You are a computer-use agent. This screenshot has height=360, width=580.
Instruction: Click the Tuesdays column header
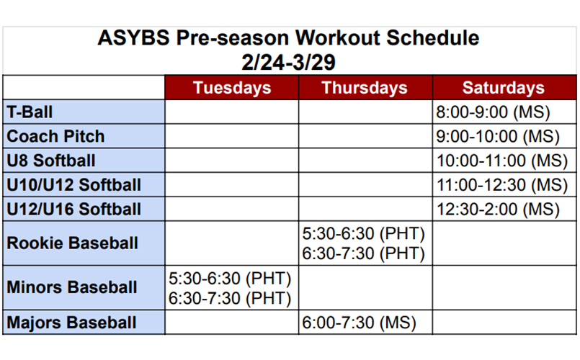(232, 88)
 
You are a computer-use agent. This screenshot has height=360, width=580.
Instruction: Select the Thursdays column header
(365, 88)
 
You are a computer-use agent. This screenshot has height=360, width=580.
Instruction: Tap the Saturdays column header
(503, 88)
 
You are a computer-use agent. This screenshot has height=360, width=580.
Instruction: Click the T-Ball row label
(30, 112)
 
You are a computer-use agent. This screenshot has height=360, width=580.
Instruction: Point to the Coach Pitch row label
(55, 136)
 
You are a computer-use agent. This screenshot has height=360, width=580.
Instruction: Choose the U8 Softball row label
(51, 161)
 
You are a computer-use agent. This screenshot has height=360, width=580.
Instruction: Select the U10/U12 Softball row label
(74, 185)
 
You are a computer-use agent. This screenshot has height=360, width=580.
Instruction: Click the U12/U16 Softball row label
(74, 210)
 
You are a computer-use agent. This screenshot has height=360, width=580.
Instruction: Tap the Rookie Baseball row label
(73, 243)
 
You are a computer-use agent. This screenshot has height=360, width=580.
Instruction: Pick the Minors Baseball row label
(72, 287)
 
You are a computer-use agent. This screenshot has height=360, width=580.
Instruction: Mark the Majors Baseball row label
(72, 323)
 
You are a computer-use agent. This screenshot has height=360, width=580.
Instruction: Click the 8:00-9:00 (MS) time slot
(493, 112)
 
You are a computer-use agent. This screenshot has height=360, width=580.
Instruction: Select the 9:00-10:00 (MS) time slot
(498, 136)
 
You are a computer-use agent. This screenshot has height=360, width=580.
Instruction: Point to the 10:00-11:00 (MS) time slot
(502, 161)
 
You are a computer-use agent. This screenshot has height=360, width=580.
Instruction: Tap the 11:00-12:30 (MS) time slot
(502, 185)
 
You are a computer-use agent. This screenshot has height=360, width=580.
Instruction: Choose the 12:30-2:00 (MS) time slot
(498, 210)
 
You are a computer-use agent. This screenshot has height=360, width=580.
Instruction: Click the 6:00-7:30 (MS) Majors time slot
(360, 323)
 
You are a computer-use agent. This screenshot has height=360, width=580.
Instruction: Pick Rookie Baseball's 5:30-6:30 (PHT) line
(364, 233)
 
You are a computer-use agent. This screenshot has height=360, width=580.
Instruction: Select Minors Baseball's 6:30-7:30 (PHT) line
(230, 298)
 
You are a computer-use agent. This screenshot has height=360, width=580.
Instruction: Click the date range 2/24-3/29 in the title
(288, 62)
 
